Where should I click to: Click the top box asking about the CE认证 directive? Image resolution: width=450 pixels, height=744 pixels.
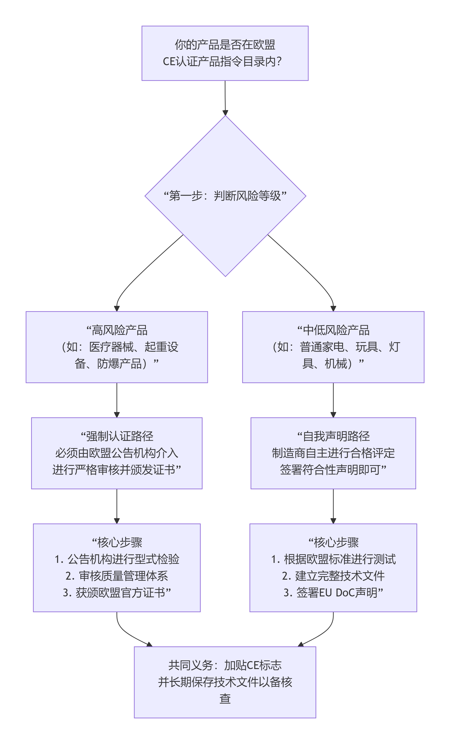point(225,53)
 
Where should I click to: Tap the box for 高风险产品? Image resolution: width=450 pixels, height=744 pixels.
point(117,347)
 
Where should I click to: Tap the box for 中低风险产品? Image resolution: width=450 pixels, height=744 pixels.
point(333,347)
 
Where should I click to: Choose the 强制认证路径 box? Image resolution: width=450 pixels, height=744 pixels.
point(117,453)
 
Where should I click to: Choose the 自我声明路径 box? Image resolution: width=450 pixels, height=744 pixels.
point(333,453)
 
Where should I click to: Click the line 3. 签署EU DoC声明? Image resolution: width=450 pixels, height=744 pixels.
point(333,593)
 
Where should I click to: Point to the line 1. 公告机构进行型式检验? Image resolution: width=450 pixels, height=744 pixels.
point(117,559)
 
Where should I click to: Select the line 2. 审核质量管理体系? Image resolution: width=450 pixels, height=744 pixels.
point(117,576)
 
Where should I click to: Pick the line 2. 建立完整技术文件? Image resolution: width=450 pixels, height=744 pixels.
point(333,576)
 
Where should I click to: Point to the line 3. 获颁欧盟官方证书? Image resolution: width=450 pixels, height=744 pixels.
point(117,593)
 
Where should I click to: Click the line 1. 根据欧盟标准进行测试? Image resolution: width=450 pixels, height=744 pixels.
point(333,559)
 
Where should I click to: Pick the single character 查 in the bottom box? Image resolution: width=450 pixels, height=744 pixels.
point(225,698)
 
